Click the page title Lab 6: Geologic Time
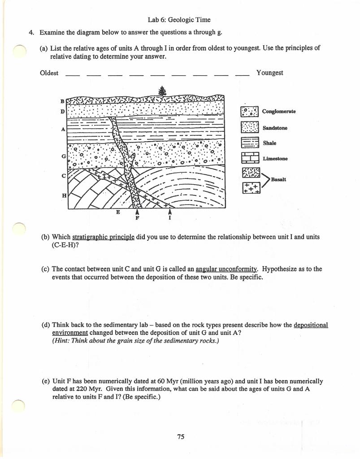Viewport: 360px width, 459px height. (x=179, y=20)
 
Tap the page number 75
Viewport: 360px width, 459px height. (x=181, y=437)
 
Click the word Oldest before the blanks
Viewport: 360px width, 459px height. (x=49, y=73)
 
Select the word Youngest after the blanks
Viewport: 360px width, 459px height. (x=269, y=73)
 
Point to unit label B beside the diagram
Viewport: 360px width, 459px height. (x=63, y=100)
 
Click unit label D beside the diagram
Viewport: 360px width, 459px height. (x=63, y=110)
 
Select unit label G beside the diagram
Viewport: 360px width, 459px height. (x=63, y=155)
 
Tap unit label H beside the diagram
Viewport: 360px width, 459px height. (x=63, y=196)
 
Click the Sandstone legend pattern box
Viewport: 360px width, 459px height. (x=249, y=128)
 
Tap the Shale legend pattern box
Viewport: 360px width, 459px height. (x=249, y=143)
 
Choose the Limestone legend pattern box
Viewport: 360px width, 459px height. (x=249, y=158)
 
